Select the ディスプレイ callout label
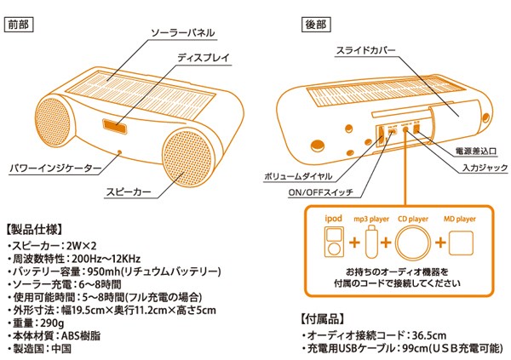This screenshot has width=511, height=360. [x=202, y=58]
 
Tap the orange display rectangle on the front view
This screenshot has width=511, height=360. [x=114, y=127]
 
